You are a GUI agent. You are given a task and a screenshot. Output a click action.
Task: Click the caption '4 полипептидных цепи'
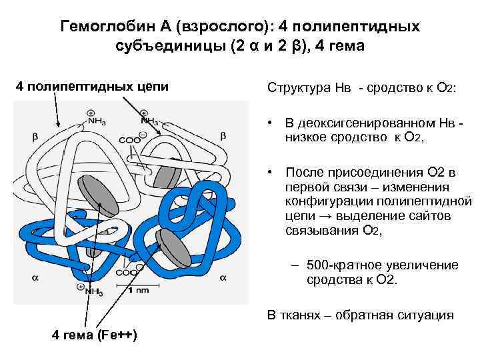tap(92, 87)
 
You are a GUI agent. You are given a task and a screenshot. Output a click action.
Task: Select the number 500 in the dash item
tap(318, 265)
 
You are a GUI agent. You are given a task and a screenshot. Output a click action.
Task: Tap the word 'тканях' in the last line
tap(301, 315)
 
